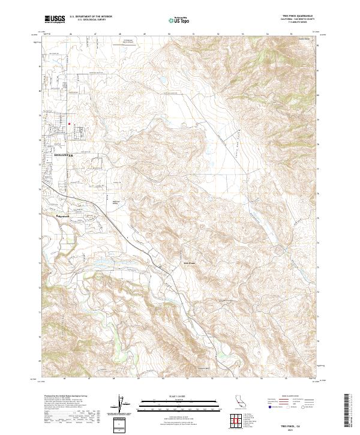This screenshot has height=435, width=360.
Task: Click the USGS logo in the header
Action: (55, 20)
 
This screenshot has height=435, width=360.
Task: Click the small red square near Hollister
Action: (70, 124)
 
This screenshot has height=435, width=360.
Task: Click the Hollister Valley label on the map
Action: (120, 202)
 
